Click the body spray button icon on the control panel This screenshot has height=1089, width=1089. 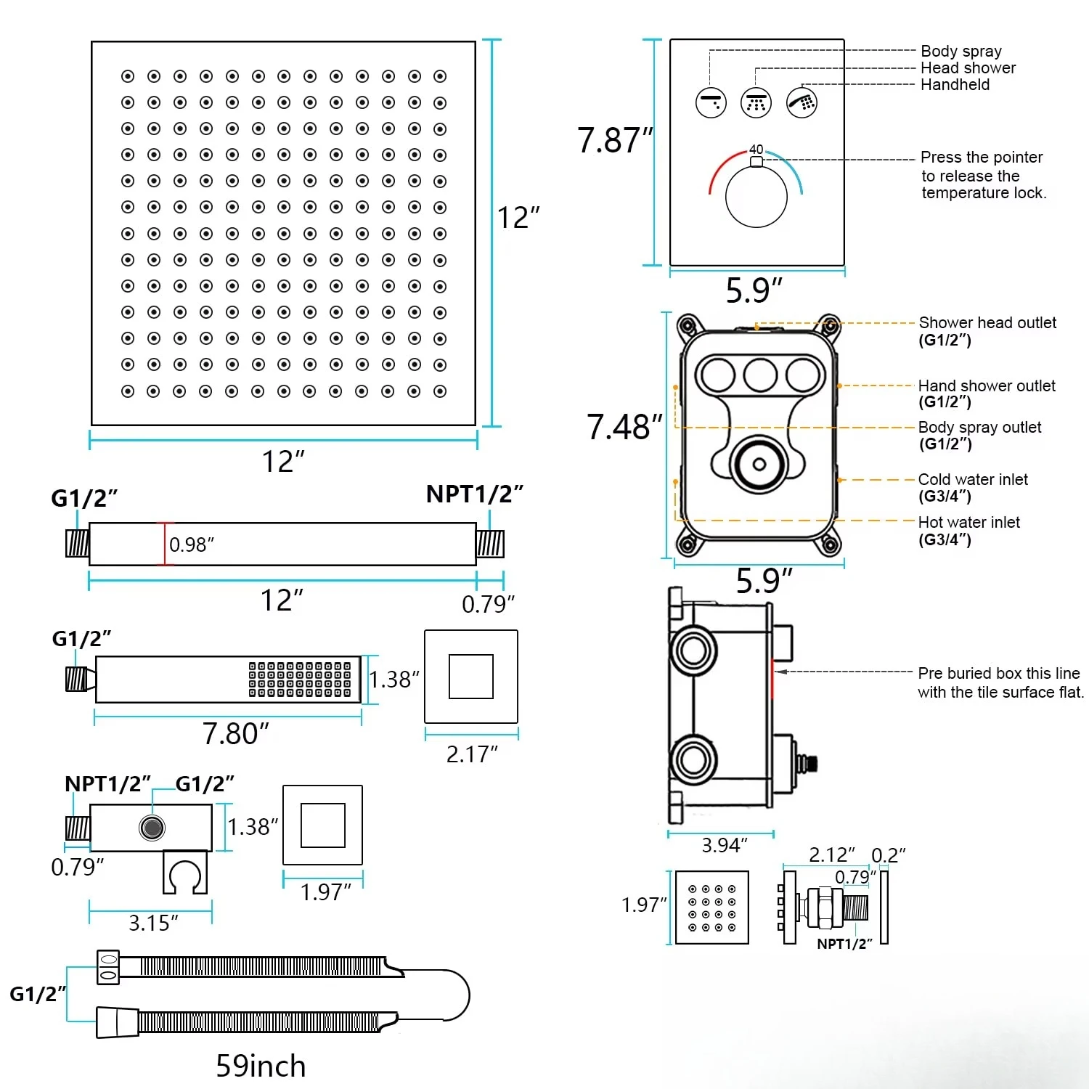click(x=711, y=102)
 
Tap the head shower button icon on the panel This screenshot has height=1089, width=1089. click(x=756, y=102)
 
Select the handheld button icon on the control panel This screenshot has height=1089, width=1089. click(x=802, y=102)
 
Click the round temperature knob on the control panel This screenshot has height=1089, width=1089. click(x=756, y=197)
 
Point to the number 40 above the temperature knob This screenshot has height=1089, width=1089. click(x=756, y=150)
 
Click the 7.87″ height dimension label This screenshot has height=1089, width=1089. click(x=615, y=140)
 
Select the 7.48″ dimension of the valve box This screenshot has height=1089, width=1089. click(x=624, y=427)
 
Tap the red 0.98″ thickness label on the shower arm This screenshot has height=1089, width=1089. click(x=192, y=544)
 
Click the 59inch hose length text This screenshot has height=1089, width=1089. click(x=261, y=1066)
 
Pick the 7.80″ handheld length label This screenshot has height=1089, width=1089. click(x=236, y=733)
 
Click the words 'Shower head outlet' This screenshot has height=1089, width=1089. click(x=987, y=322)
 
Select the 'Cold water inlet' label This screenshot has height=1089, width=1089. click(x=973, y=479)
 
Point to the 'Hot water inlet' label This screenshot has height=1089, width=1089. click(x=968, y=522)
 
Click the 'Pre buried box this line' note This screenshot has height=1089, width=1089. click(x=999, y=674)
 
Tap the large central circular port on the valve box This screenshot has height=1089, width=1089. click(x=759, y=464)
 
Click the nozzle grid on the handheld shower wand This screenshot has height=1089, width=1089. click(x=300, y=679)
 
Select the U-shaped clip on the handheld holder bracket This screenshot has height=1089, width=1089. click(x=185, y=873)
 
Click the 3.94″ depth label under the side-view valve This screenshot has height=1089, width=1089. click(x=724, y=845)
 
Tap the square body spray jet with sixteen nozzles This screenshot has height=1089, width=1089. click(x=711, y=907)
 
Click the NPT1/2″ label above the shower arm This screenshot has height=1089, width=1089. click(x=474, y=494)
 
